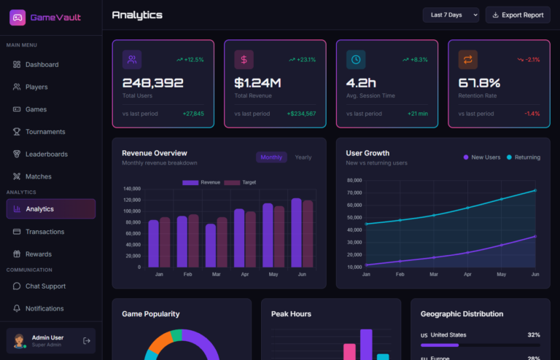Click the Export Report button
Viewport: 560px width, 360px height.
coord(518,15)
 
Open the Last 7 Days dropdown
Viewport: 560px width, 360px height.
coord(451,15)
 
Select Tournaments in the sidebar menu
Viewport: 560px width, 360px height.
coord(45,132)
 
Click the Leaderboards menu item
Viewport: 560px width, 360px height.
coord(47,154)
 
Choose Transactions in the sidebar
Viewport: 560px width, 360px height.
coord(45,232)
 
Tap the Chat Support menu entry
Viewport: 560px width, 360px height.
coord(45,286)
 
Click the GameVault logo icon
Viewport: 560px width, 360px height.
coord(17,17)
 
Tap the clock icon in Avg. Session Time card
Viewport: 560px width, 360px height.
coord(356,60)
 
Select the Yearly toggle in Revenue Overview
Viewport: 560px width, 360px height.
coord(303,157)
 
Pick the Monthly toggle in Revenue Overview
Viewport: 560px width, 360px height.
coord(271,157)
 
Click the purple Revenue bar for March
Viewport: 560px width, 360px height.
coord(211,246)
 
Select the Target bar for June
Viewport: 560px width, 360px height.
coord(308,234)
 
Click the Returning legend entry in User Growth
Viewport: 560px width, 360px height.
coord(524,157)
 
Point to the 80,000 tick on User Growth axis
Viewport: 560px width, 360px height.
coord(354,180)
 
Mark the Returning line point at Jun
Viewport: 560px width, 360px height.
coord(535,190)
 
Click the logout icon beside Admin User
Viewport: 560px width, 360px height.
coord(87,340)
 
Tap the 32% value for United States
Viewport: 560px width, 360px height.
coord(534,335)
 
